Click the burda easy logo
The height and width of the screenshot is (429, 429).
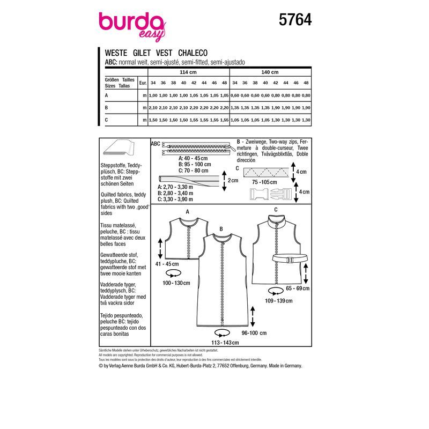(x=132, y=25)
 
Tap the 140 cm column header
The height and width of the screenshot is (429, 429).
(x=270, y=71)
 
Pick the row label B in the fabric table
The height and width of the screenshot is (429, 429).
(x=107, y=108)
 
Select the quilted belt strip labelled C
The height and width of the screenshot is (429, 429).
(x=267, y=172)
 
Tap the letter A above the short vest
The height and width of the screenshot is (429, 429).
(x=188, y=211)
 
